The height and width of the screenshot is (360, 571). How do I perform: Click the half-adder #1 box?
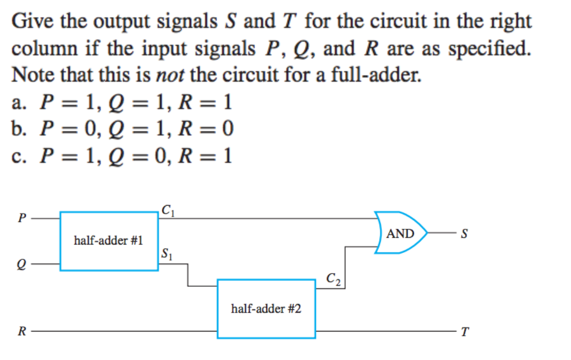click(109, 241)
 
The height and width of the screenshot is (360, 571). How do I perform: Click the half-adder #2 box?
click(266, 308)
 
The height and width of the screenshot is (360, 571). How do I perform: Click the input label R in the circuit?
click(21, 332)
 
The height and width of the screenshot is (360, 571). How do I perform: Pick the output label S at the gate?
click(464, 233)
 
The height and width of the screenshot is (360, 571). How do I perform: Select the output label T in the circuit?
click(464, 332)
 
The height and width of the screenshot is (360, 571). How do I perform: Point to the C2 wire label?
click(334, 279)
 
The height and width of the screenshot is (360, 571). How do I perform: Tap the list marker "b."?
click(20, 129)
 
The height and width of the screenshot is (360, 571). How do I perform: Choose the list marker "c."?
click(20, 156)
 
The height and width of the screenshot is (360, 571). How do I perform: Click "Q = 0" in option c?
click(137, 156)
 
